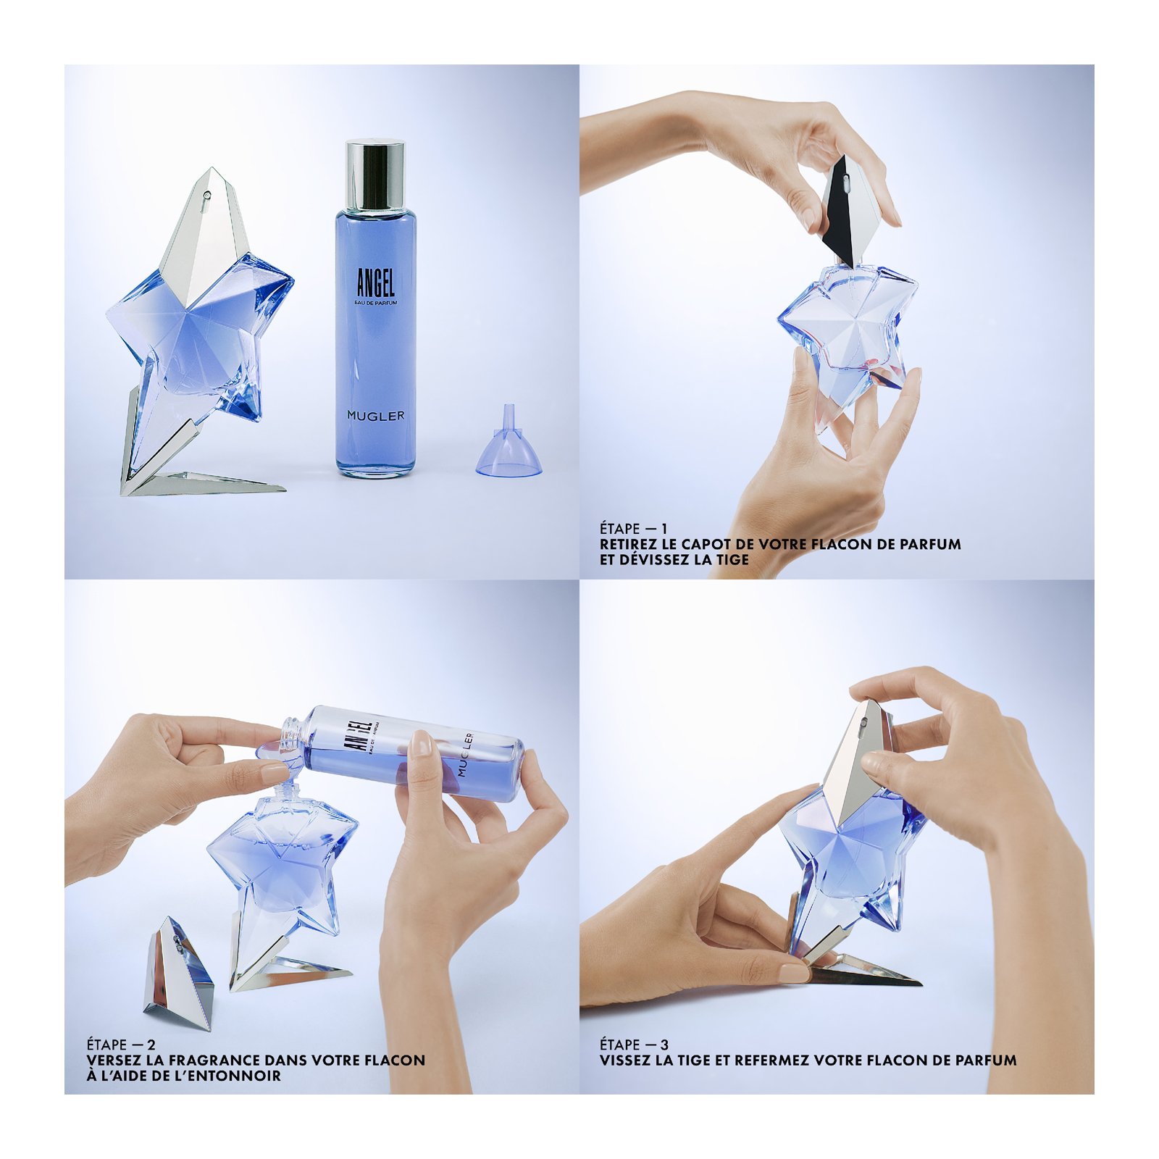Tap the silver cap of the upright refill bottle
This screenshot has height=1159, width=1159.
point(375,175)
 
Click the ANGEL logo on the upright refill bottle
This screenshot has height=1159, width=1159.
point(376,283)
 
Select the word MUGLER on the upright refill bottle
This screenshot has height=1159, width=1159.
point(375,416)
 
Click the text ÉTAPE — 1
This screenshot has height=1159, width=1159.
point(633,529)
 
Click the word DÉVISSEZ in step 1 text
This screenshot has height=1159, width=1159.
point(655,559)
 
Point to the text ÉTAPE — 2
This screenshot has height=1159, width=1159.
point(120,1045)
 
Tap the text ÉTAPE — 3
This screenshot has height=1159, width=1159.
point(634,1045)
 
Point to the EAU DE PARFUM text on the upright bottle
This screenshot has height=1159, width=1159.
point(376,303)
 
